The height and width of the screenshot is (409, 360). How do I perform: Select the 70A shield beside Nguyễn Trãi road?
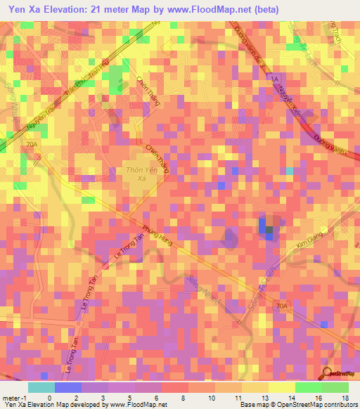tap(30, 143)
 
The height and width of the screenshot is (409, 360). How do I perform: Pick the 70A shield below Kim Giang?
tap(282, 306)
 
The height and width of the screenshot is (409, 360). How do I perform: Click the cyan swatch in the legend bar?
tap(41, 387)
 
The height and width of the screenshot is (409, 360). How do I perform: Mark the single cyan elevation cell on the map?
tap(290, 171)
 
